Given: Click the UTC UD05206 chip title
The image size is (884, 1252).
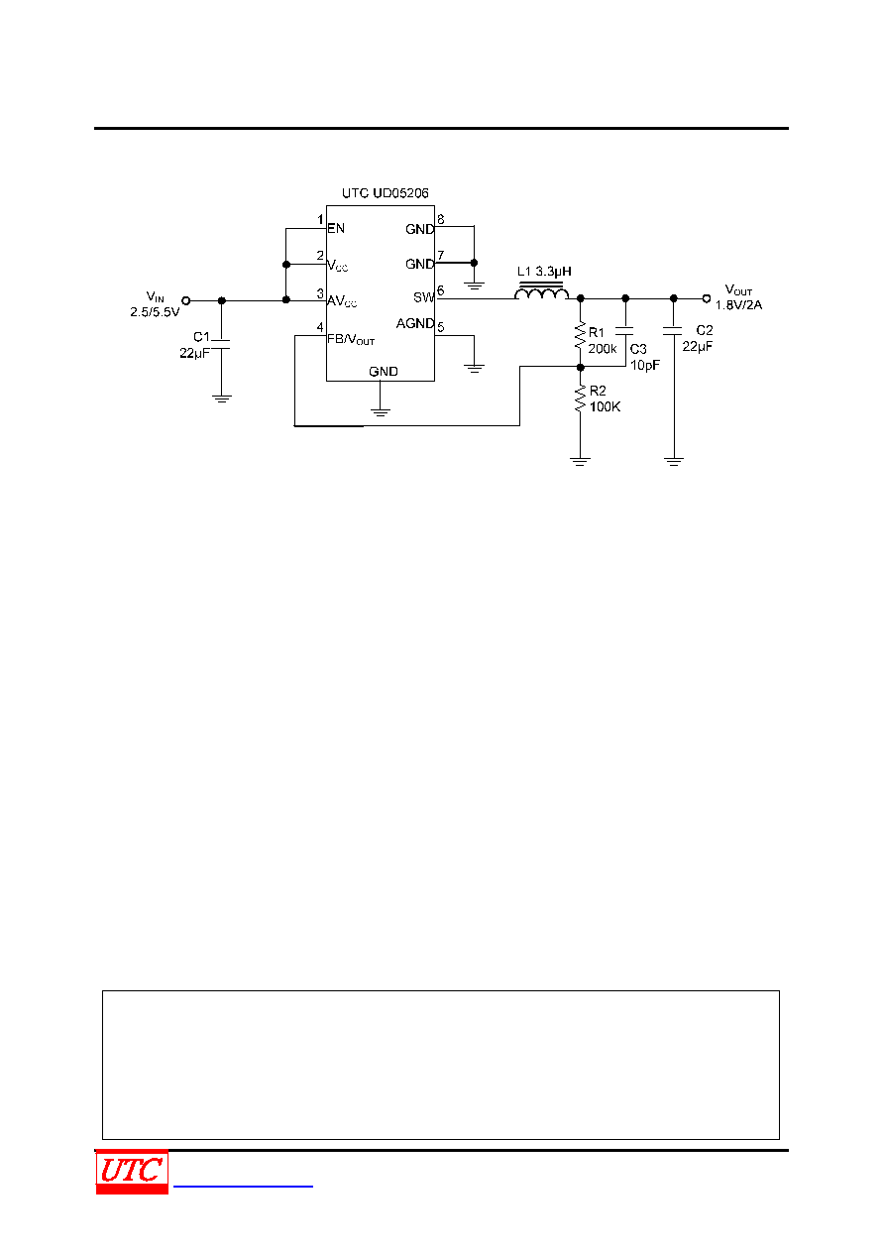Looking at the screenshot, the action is (x=385, y=193).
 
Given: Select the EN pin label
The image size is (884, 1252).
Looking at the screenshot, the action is (x=336, y=228).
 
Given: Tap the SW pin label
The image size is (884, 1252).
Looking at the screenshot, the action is (x=423, y=297).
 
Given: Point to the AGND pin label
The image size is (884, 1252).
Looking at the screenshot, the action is (x=414, y=323).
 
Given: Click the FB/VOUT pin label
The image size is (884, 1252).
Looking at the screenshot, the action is (x=351, y=339).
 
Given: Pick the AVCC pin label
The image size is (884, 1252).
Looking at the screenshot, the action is (x=342, y=301).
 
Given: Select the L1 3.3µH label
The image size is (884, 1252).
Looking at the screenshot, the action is (x=544, y=272).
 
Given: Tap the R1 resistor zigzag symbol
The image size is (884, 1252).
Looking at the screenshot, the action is (x=580, y=335).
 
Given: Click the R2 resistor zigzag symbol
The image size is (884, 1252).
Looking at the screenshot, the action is (x=580, y=398).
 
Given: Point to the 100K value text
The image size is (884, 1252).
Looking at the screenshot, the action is (x=606, y=406).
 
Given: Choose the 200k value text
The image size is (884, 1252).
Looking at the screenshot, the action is (x=603, y=349).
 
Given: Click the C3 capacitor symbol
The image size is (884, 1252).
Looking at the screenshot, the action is (x=625, y=331).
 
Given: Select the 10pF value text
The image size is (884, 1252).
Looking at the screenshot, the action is (x=645, y=365).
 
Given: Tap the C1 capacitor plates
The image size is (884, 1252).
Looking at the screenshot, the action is (x=221, y=344).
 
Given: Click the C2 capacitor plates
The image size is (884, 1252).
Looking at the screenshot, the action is (x=673, y=331).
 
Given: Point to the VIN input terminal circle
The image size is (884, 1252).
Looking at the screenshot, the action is (x=186, y=300).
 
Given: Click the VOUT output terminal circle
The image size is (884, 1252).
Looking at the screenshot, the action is (x=707, y=299).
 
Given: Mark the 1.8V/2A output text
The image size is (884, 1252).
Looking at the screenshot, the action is (x=738, y=305).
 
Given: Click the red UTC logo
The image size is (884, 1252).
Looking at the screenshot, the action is (x=132, y=1172).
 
